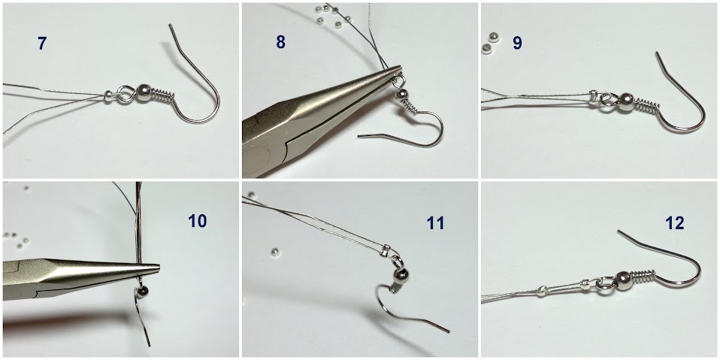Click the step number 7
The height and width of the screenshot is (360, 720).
42,44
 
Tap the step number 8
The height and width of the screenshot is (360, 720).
280,42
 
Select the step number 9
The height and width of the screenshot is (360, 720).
517,43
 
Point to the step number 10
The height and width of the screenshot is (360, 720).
198,221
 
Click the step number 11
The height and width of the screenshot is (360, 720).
435,224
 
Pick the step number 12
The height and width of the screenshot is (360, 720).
675,223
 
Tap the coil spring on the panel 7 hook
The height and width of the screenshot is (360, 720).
164,95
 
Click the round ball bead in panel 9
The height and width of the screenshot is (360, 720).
626,101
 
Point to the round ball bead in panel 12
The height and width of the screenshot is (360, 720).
622,279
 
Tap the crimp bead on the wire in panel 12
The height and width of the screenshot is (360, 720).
542,290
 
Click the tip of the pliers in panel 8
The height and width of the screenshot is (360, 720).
401,68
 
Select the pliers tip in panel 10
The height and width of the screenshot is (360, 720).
158,266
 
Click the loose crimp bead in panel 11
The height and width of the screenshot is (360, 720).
274,251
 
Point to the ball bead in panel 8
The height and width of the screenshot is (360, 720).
403,94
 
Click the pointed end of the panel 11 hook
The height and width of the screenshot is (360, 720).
449,331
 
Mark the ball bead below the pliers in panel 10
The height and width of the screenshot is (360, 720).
143,290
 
